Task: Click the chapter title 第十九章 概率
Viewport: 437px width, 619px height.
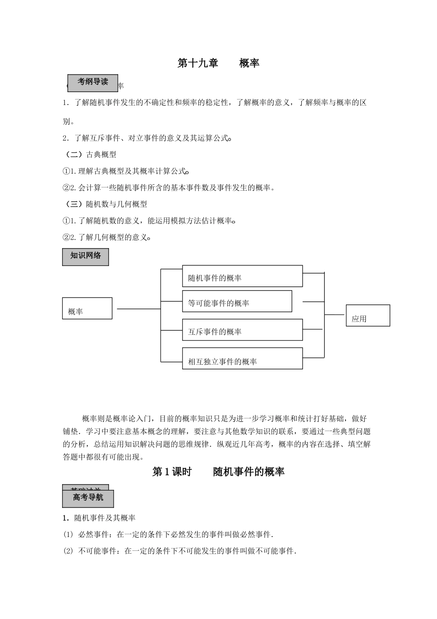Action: [x=218, y=64]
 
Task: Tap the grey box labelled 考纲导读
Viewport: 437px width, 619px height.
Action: [x=92, y=82]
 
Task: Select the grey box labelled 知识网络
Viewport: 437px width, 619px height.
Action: [x=86, y=257]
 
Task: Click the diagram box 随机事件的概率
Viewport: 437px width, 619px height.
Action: [x=242, y=276]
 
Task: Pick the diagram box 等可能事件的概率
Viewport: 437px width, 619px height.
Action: [x=237, y=301]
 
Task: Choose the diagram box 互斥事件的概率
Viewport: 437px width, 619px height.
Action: [x=242, y=330]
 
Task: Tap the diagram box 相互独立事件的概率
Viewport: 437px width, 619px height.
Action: [x=242, y=359]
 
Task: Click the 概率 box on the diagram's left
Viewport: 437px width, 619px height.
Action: [x=87, y=308]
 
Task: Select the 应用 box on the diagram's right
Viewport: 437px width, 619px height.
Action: [x=368, y=315]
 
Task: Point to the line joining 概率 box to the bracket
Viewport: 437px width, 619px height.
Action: [x=138, y=309]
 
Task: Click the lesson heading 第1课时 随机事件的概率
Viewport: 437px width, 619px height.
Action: [x=218, y=472]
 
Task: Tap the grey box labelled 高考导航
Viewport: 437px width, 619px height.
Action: [x=88, y=498]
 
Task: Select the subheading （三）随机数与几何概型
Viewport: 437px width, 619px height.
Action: [x=105, y=204]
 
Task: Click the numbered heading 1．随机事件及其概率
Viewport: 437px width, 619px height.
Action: [x=99, y=518]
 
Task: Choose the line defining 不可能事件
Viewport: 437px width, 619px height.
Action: [x=180, y=551]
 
